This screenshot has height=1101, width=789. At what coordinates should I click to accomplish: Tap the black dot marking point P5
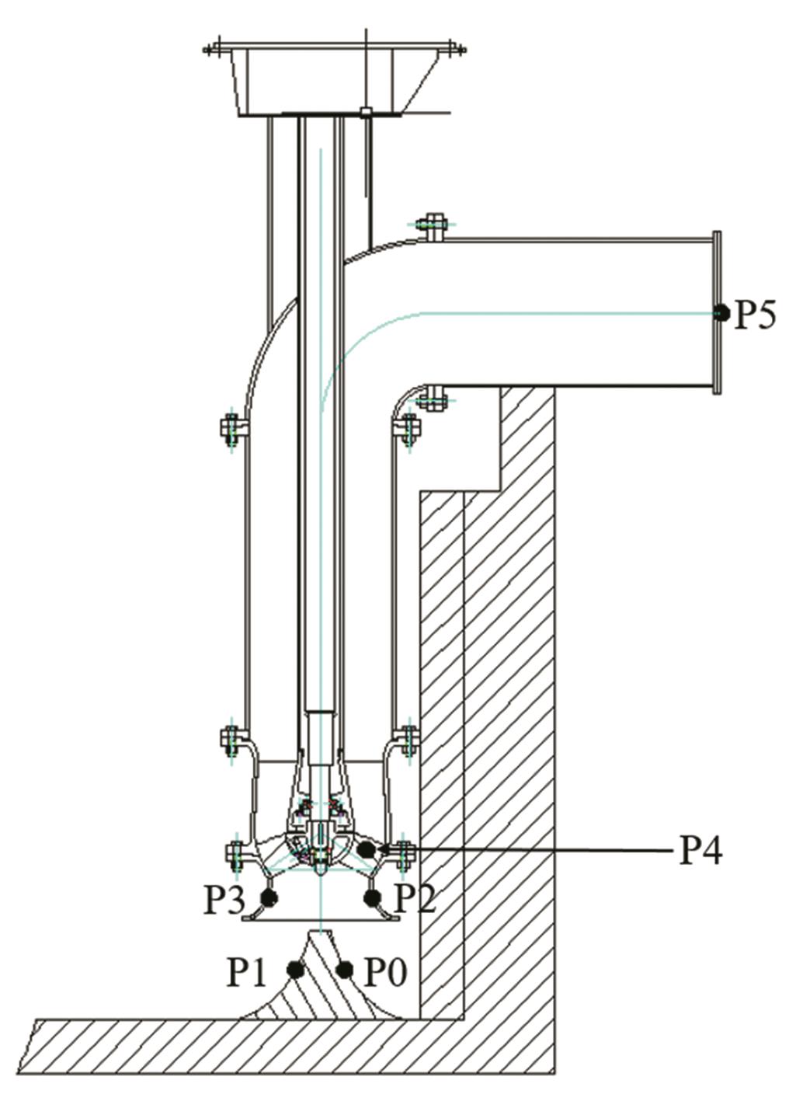(721, 313)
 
